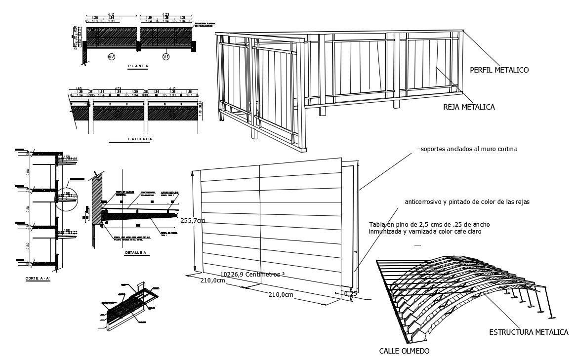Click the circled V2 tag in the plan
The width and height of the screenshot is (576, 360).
tap(112, 57)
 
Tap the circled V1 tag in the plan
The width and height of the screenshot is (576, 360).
tap(166, 57)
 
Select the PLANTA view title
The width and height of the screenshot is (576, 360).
tap(138, 66)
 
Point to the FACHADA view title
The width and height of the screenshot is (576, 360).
tap(140, 139)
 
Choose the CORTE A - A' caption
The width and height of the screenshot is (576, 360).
tap(37, 279)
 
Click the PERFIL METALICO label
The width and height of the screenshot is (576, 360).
tap(499, 70)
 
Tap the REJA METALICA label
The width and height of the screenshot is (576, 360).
tap(469, 107)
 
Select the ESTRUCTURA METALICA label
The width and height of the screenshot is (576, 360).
tap(529, 332)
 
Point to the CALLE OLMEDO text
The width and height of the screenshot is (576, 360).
tap(404, 351)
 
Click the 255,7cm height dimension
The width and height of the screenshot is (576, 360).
tap(193, 220)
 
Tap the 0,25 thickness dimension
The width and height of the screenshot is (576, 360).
tap(350, 293)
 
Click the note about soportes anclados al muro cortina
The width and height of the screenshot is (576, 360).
tap(467, 149)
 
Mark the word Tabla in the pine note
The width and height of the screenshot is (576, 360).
tap(377, 225)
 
